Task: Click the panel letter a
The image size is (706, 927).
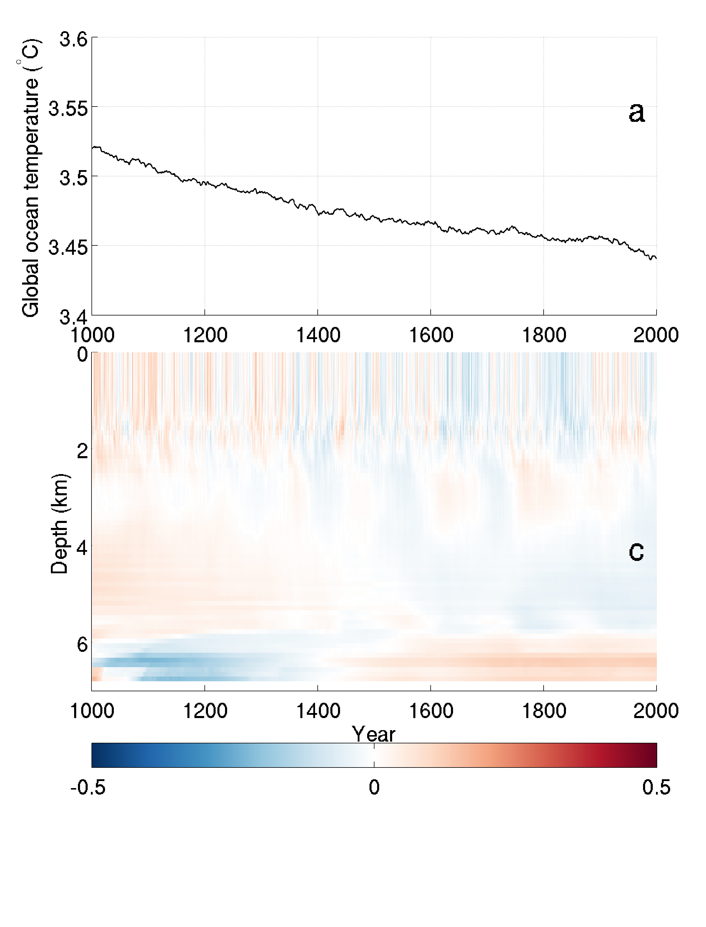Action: (x=636, y=113)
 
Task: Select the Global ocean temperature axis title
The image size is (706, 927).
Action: (x=30, y=177)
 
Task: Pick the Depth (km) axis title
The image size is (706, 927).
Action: (x=59, y=524)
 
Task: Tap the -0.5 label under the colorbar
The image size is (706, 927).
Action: (x=88, y=787)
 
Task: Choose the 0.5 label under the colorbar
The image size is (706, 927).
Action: (x=656, y=787)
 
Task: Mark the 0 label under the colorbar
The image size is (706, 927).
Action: (x=374, y=787)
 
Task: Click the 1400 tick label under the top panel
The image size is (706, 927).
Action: (x=318, y=335)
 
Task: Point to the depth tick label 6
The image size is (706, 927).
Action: (x=82, y=644)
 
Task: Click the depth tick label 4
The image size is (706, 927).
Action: (x=82, y=547)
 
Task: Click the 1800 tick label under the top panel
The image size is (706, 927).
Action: (x=544, y=335)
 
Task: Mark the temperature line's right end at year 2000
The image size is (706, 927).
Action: (x=656, y=258)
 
